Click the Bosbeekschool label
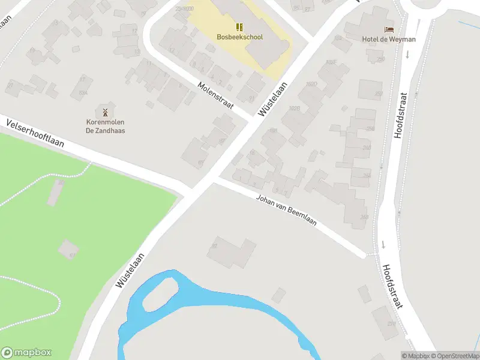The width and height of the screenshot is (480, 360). pos(239,37)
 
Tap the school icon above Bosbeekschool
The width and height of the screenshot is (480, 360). pos(239,26)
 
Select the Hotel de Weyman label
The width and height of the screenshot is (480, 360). pos(388,40)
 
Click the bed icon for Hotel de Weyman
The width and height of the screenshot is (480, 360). pos(389,29)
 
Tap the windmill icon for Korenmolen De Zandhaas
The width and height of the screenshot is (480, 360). pos(105,112)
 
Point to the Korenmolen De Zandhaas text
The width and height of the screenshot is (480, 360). pos(105,127)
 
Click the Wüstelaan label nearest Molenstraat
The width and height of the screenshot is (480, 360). pos(271,100)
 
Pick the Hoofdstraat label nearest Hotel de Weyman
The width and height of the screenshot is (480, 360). pos(400,115)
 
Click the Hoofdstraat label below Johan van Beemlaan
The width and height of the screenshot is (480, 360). pos(392,287)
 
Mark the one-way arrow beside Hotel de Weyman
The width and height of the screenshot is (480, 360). pos(407,55)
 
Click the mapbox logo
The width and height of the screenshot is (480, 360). pos(26,353)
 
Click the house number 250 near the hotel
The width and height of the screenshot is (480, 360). pos(379,59)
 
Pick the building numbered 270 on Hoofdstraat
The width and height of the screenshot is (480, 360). pos(391,324)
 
